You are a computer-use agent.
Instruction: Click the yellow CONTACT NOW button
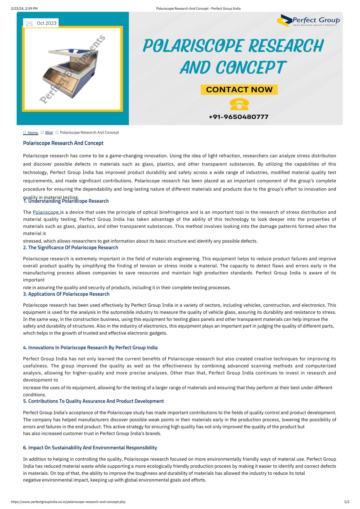pos(239,89)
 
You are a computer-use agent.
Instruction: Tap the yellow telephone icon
pos(239,105)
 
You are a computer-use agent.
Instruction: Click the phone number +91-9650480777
pos(238,117)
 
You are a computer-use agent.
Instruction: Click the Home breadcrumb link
pos(32,133)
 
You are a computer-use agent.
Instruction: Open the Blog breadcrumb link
pos(49,132)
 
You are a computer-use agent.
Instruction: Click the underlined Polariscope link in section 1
pos(46,212)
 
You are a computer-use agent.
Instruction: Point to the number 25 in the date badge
pos(29,24)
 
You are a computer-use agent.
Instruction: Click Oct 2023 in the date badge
pos(46,23)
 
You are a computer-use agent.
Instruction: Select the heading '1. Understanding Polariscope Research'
pos(66,201)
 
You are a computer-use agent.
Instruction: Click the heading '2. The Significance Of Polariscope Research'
pos(71,248)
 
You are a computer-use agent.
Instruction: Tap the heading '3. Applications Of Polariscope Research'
pos(66,294)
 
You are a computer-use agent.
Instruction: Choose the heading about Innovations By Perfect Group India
pos(90,348)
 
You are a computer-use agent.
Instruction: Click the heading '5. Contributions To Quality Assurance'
pos(93,401)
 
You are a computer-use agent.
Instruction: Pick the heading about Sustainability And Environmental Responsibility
pos(90,448)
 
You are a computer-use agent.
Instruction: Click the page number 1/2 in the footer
pos(347,502)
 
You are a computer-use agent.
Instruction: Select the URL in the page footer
pos(68,502)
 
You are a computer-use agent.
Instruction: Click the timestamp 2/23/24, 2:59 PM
pos(24,9)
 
